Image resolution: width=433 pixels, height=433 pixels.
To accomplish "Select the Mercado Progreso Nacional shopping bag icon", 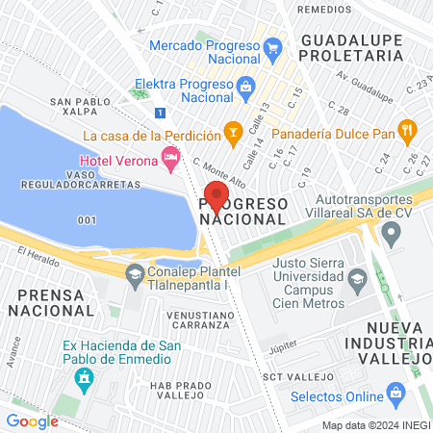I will point(272,47).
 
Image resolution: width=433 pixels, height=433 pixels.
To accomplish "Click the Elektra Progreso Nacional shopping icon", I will point(245,85).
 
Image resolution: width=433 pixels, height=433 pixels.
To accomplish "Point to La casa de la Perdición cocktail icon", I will point(231,129).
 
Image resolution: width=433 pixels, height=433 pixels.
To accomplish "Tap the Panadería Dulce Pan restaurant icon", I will point(407,128).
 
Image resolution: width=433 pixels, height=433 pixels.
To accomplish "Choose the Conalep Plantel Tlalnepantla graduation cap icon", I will point(134,272).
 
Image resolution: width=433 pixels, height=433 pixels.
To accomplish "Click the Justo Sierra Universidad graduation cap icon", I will point(357,280).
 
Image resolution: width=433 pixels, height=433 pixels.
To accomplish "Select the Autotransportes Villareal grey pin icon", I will point(391,232).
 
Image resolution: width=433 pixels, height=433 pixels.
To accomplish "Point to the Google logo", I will point(33,420).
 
